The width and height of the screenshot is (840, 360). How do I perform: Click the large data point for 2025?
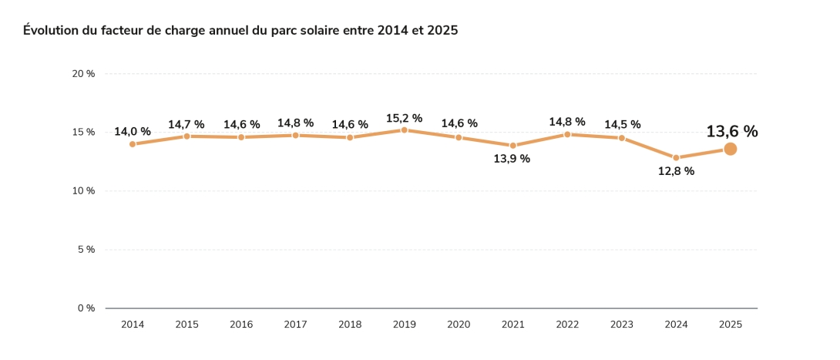pyautogui.click(x=730, y=149)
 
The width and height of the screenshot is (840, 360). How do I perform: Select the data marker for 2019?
pyautogui.click(x=404, y=130)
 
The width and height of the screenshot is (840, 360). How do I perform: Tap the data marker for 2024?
pyautogui.click(x=676, y=158)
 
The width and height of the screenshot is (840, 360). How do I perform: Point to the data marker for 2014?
pyautogui.click(x=133, y=144)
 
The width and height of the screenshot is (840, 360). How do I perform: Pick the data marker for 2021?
pyautogui.click(x=513, y=146)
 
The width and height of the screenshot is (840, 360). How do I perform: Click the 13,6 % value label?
pyautogui.click(x=731, y=132)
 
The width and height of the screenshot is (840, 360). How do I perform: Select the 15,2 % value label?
pyautogui.click(x=404, y=118)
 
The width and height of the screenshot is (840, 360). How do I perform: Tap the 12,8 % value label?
pyautogui.click(x=676, y=171)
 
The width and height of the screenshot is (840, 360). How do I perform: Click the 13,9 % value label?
pyautogui.click(x=512, y=159)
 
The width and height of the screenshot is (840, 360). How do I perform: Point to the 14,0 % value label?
pyautogui.click(x=133, y=132)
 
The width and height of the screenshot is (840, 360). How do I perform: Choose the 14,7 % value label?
pyautogui.click(x=186, y=124)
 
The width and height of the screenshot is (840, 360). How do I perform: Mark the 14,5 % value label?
pyautogui.click(x=622, y=124)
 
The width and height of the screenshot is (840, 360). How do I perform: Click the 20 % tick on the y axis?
pyautogui.click(x=83, y=74)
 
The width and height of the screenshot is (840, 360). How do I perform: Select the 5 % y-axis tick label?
pyautogui.click(x=86, y=250)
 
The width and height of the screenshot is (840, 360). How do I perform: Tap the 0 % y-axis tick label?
pyautogui.click(x=86, y=308)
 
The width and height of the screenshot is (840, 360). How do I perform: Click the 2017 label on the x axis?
pyautogui.click(x=295, y=325)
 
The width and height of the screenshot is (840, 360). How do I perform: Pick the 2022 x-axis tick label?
pyautogui.click(x=567, y=325)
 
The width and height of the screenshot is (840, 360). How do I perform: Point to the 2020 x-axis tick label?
pyautogui.click(x=459, y=325)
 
